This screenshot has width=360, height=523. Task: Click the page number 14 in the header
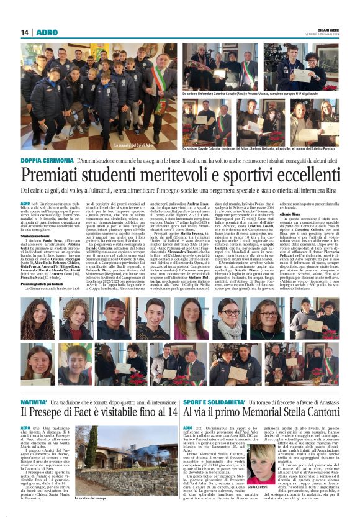coord(25,32)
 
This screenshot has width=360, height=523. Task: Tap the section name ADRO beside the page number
coord(46,32)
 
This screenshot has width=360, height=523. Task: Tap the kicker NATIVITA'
coord(35,385)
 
